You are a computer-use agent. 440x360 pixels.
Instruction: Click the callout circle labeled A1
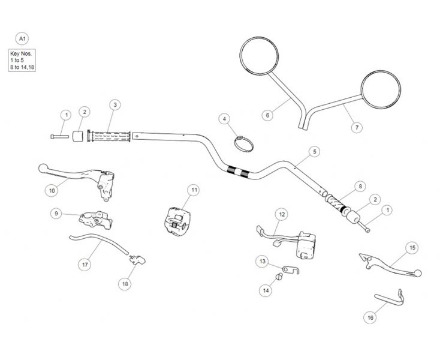click(23, 40)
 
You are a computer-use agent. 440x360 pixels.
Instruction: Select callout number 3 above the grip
click(115, 104)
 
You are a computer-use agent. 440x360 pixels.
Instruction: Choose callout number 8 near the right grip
click(360, 186)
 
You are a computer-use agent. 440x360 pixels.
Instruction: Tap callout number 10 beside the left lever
click(52, 190)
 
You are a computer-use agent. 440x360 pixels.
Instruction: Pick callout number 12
click(282, 214)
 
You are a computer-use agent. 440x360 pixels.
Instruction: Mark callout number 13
click(263, 261)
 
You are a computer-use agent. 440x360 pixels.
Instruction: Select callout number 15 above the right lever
click(412, 247)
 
